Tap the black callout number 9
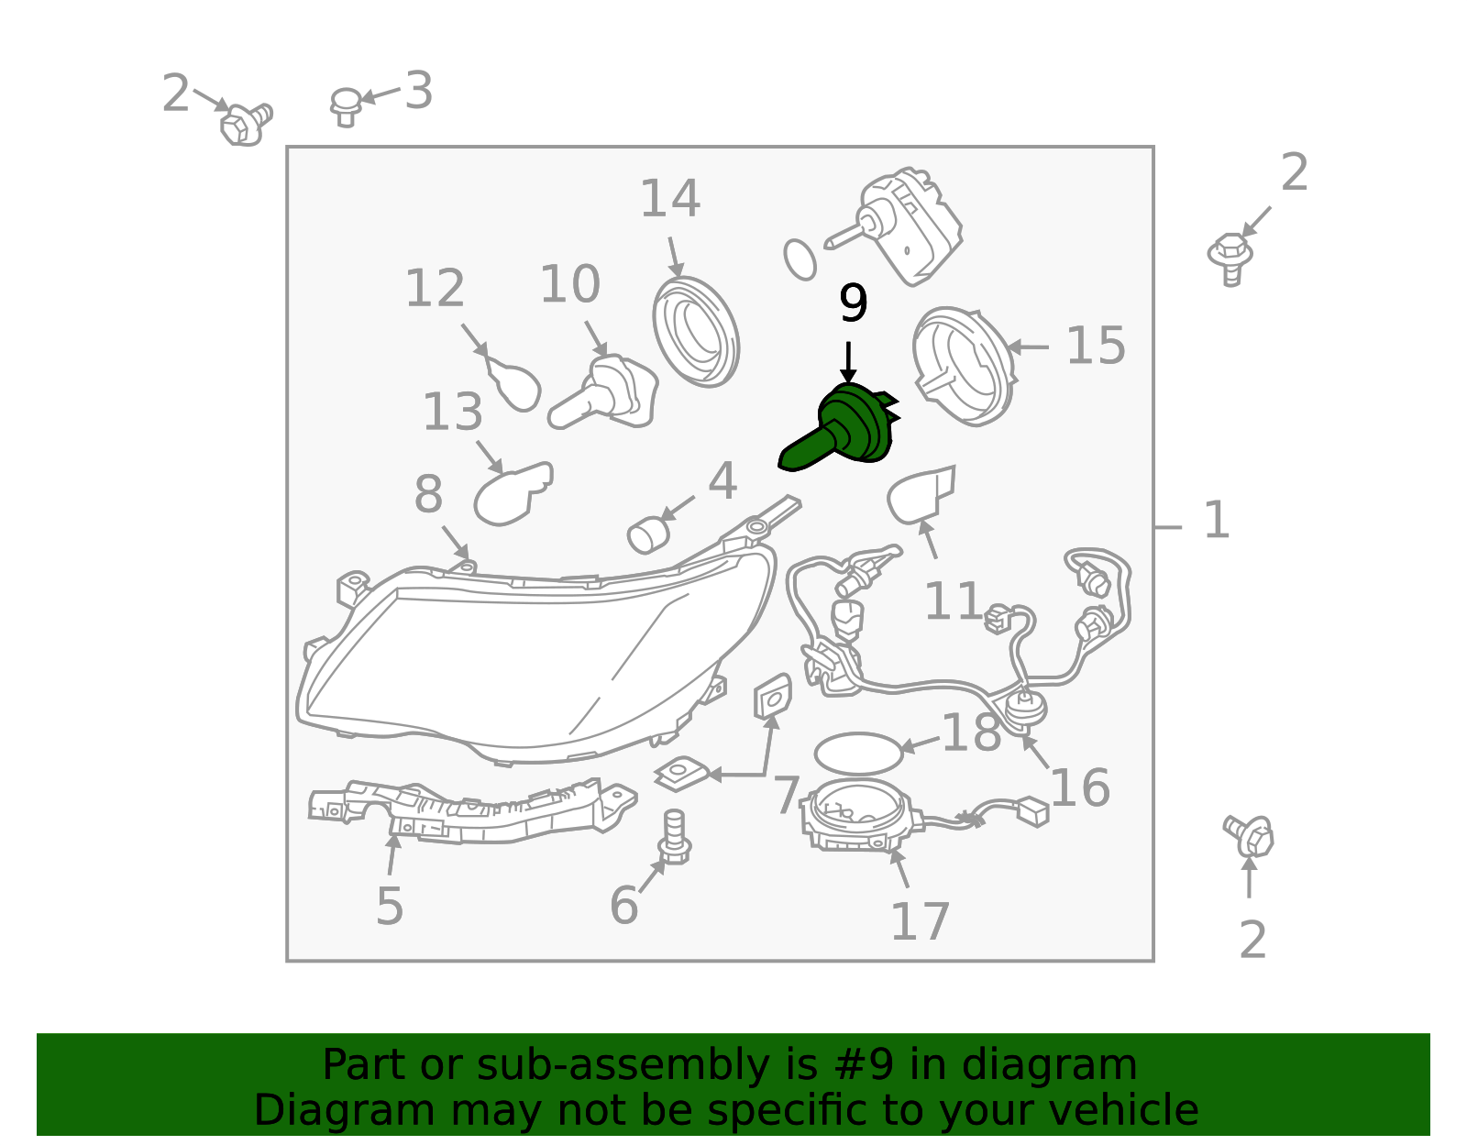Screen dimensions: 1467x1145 pos(853,303)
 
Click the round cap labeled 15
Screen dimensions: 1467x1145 pos(964,367)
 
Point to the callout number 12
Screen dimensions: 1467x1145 pos(435,288)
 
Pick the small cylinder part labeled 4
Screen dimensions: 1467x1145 pos(648,534)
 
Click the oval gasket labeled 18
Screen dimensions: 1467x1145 pos(858,753)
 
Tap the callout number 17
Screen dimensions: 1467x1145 pos(921,921)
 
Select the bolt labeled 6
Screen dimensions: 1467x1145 pos(675,837)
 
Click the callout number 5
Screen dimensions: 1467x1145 pos(390,906)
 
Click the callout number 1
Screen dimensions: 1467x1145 pos(1217,520)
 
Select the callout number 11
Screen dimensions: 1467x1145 pos(953,600)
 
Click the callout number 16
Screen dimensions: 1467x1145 pos(1080,787)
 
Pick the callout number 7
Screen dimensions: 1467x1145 pos(787,796)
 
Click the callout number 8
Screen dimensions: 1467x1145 pos(429,494)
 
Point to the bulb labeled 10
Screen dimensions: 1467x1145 pos(603,392)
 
